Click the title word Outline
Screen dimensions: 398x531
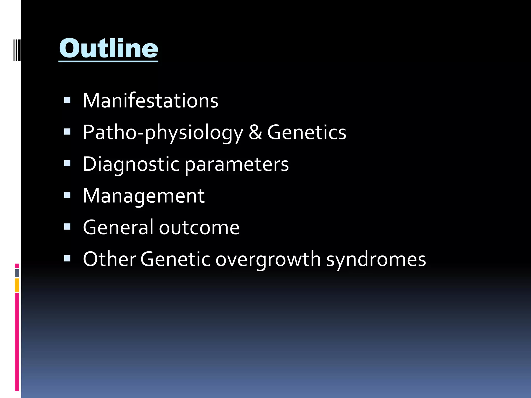pos(108,48)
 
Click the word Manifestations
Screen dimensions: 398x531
pos(150,101)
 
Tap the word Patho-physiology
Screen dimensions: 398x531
pos(163,133)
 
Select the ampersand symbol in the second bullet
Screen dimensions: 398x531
pos(255,132)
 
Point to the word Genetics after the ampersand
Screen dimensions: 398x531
pos(307,132)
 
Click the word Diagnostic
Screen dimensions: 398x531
pos(131,164)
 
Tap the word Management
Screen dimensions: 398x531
pos(144,196)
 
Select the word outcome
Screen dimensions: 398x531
pos(199,228)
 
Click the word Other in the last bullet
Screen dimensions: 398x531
pos(109,259)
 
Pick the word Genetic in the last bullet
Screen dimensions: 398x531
pos(175,259)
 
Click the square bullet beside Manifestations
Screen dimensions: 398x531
pos(67,100)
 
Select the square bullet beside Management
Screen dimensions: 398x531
pos(67,195)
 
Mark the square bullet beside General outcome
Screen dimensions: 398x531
pos(67,227)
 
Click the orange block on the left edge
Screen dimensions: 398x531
pos(17,285)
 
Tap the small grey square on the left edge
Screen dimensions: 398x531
pos(17,273)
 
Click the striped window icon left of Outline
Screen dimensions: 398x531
pos(17,49)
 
